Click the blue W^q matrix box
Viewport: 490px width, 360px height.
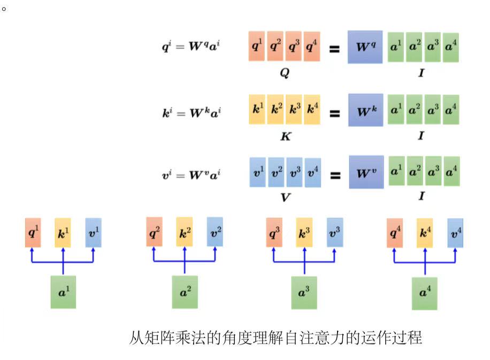(365, 47)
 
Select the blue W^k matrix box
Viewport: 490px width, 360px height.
(365, 110)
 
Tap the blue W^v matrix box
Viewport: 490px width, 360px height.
(366, 172)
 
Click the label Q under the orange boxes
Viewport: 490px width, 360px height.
(284, 74)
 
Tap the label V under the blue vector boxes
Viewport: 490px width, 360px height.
(285, 197)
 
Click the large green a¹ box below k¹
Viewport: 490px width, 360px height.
(63, 292)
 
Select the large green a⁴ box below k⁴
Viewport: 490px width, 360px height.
(424, 293)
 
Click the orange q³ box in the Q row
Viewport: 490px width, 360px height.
(293, 47)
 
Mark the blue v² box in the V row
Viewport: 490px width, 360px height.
(277, 172)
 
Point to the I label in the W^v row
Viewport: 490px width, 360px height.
(422, 197)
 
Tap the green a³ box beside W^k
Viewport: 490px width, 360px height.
(433, 110)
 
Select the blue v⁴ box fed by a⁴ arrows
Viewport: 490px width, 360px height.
(455, 233)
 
